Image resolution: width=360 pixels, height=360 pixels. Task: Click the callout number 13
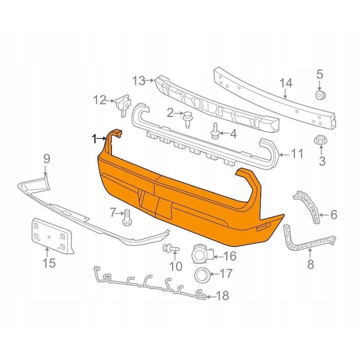(x=139, y=80)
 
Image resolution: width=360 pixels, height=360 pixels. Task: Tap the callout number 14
(x=286, y=83)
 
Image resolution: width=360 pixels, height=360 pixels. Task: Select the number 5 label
(x=319, y=74)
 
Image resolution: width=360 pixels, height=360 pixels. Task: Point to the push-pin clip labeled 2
(x=187, y=119)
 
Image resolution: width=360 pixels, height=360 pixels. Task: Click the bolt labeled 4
(x=215, y=131)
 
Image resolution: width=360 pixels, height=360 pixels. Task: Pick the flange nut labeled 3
(x=320, y=140)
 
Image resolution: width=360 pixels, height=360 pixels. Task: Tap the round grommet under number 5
(x=319, y=95)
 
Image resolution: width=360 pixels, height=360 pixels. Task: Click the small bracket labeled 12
(x=123, y=104)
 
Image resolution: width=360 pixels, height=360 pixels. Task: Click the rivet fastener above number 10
(x=171, y=248)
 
